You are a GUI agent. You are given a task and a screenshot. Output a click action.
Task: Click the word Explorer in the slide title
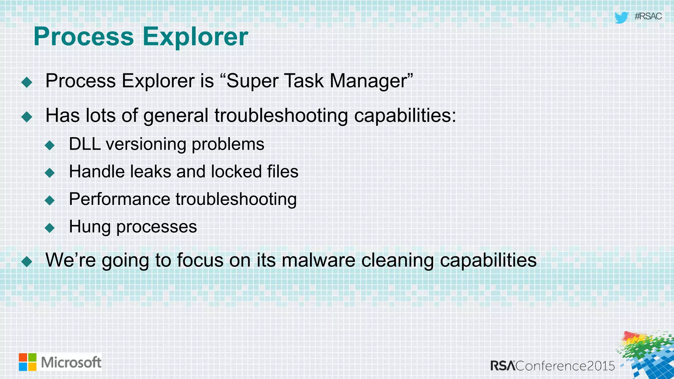click(195, 37)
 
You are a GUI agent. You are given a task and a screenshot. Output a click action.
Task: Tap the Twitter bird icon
click(621, 17)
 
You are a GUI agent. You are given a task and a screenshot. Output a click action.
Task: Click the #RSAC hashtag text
click(648, 16)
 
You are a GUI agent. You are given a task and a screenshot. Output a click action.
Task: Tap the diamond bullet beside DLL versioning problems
click(50, 145)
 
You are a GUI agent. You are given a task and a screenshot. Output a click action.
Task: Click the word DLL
click(85, 144)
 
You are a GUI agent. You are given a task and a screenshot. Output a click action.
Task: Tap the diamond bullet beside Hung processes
click(50, 228)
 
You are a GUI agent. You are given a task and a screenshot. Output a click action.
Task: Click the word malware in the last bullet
click(318, 260)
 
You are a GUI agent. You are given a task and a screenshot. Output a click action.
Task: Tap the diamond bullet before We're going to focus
click(27, 262)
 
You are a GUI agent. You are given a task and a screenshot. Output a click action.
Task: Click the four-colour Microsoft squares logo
click(27, 362)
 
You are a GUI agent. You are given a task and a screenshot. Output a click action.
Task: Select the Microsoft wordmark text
click(71, 363)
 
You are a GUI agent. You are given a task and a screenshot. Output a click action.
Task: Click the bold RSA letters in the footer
click(503, 366)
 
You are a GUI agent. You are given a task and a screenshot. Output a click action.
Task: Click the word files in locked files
click(282, 172)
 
